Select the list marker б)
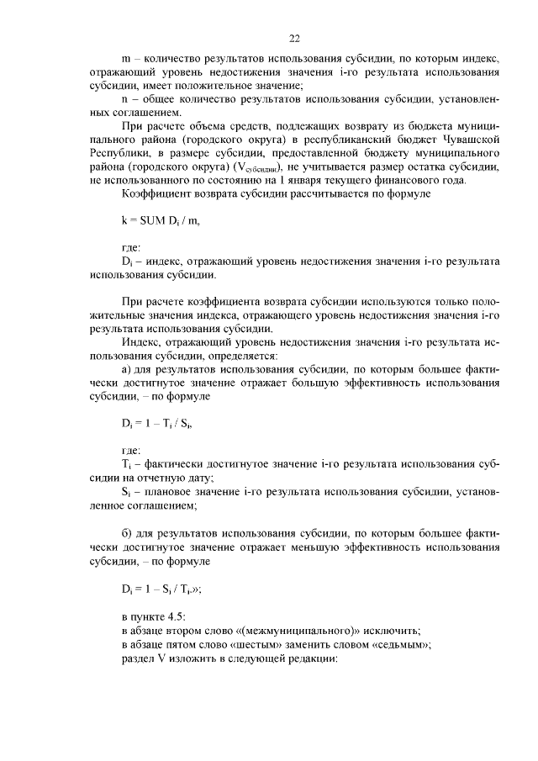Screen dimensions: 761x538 coord(128,535)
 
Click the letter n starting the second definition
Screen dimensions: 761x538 coord(124,100)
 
